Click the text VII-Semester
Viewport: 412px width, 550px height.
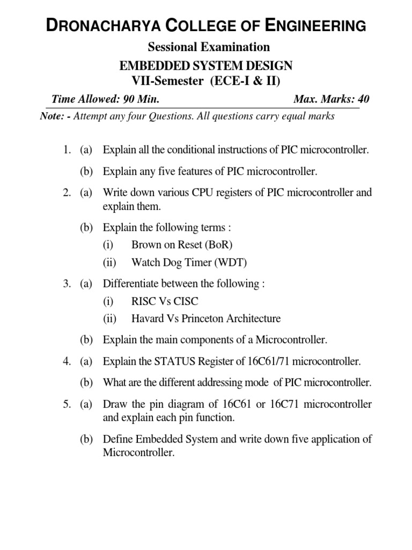click(163, 81)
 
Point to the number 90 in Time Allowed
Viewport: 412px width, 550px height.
click(129, 99)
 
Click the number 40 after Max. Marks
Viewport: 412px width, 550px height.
click(363, 99)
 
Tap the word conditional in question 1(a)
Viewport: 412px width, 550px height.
click(176, 150)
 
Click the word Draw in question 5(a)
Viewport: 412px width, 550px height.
click(114, 404)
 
